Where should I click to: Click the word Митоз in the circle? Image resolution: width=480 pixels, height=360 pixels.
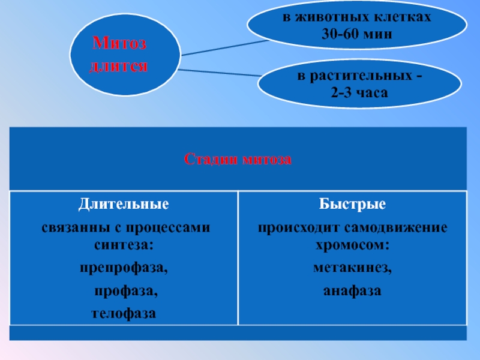coord(119,43)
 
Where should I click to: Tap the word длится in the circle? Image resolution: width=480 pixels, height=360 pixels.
coord(118,64)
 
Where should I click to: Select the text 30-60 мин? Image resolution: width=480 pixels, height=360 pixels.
coord(356,35)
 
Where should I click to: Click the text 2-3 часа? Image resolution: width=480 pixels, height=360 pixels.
coord(359,93)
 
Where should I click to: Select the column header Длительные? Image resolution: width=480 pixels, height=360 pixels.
coord(124,204)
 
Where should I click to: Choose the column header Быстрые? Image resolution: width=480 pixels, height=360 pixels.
coord(352,204)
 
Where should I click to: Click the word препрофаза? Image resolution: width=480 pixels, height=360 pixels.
coord(124,268)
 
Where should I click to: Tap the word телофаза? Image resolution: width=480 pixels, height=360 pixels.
coord(124,313)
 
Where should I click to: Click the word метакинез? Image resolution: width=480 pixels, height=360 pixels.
coord(352,268)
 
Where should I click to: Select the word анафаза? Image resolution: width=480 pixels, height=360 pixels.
coord(352,291)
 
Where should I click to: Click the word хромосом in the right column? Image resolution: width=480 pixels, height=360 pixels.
coord(352,245)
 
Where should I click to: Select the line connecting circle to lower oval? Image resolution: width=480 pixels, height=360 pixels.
coord(219,73)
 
